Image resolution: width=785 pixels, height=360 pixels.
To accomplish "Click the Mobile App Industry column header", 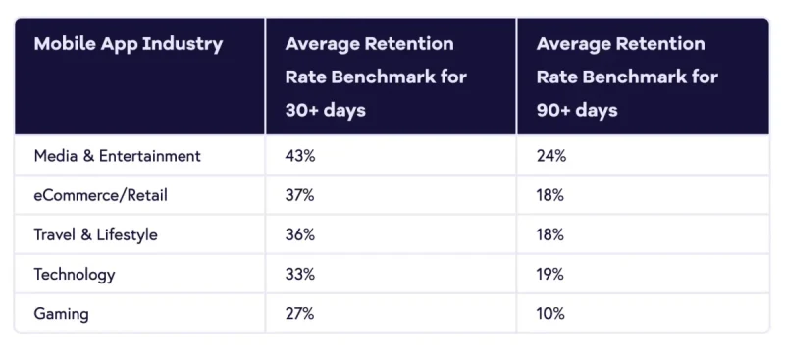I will (128, 44).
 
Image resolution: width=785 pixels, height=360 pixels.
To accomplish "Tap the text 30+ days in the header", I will (325, 110).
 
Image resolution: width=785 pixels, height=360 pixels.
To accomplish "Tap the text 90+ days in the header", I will (577, 110).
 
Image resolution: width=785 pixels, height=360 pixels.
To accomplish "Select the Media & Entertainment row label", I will (117, 156).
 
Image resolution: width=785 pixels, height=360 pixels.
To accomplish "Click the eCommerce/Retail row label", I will (100, 195).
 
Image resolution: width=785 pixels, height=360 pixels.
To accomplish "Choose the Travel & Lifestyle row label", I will (95, 235).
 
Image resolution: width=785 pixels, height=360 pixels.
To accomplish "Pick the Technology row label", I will (75, 275).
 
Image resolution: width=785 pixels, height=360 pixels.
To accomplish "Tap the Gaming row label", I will (61, 314).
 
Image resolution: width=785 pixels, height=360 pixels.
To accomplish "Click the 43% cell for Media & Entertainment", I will (300, 156).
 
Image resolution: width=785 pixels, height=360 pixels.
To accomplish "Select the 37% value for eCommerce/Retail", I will (299, 195).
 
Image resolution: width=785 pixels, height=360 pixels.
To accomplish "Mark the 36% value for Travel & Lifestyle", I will (299, 235).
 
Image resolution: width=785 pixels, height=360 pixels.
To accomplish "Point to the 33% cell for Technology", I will (299, 275).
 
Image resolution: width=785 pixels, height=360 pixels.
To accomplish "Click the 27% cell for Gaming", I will (299, 314).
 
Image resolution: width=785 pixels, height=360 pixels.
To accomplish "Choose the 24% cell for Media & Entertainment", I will (551, 156).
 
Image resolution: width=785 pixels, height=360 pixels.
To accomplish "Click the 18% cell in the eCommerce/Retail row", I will (550, 195).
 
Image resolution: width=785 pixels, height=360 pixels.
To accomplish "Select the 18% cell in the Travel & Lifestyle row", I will (550, 235).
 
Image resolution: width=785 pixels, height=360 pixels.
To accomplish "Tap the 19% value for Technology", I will (550, 275).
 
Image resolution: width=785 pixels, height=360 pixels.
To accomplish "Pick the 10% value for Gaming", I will (550, 314).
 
